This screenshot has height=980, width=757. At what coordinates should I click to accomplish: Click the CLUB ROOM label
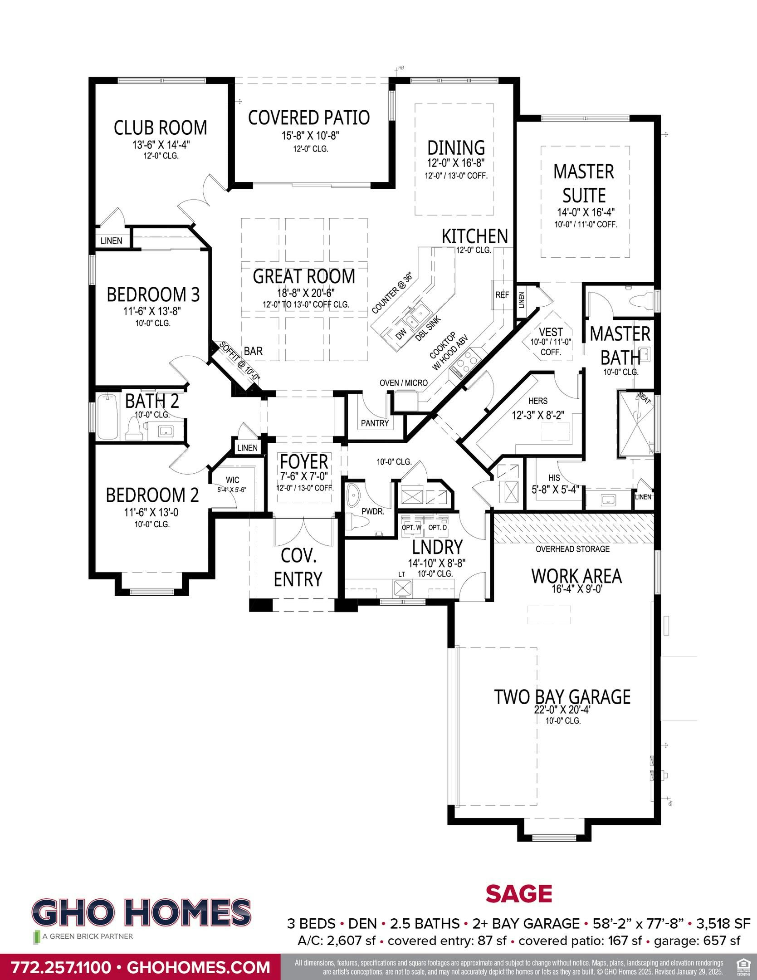[160, 128]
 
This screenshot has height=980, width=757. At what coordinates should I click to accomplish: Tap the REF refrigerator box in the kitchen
[502, 295]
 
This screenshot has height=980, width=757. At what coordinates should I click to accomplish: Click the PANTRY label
[375, 423]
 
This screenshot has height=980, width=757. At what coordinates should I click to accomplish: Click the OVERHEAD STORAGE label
[572, 549]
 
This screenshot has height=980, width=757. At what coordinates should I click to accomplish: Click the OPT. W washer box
[412, 528]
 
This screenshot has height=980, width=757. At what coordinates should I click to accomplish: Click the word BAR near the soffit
[253, 351]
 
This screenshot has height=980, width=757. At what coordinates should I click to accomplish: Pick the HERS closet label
[538, 401]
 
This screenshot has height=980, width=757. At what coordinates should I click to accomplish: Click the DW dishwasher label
[401, 335]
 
